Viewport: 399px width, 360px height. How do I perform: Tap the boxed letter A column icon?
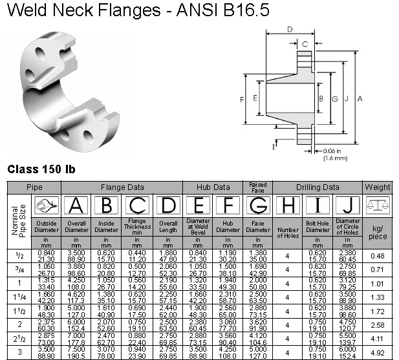[76, 206]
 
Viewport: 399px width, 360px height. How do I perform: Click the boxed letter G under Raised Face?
[257, 206]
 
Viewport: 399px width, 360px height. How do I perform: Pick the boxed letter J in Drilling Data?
[349, 206]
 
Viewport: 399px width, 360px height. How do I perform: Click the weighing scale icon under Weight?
[378, 206]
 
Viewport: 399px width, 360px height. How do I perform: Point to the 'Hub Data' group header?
[213, 187]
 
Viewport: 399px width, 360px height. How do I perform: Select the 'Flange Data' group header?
[122, 187]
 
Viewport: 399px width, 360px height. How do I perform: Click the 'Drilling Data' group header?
[318, 187]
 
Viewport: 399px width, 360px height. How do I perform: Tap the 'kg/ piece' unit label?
[378, 232]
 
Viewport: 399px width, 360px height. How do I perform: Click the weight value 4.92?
[378, 353]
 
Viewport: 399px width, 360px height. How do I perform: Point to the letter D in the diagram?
[290, 29]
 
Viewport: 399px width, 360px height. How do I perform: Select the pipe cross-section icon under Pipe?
[46, 206]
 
